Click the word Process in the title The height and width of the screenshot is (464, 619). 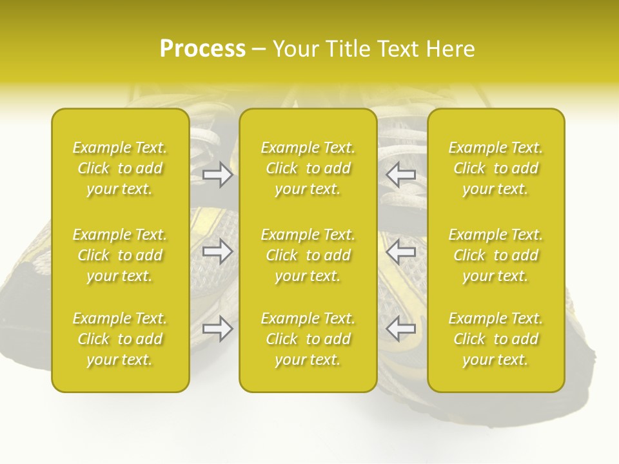(202, 49)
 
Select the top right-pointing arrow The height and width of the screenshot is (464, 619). (217, 175)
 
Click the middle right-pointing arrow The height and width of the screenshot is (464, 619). (217, 251)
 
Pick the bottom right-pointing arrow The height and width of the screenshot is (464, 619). (217, 329)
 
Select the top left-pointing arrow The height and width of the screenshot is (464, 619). (400, 175)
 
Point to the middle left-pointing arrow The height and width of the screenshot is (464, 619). (400, 251)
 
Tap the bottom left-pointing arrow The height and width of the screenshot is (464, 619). (400, 329)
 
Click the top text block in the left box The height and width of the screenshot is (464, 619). (120, 168)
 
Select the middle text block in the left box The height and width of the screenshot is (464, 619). (120, 255)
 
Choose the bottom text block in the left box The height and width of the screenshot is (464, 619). (120, 339)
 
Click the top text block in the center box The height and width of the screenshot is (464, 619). (308, 168)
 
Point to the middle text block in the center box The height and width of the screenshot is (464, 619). (308, 255)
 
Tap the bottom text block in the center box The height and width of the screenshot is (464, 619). (308, 339)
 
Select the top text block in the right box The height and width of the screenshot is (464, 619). (496, 168)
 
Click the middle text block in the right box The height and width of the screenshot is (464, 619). (496, 255)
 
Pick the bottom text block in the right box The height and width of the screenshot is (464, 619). (496, 339)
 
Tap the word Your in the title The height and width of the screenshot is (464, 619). (293, 49)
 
